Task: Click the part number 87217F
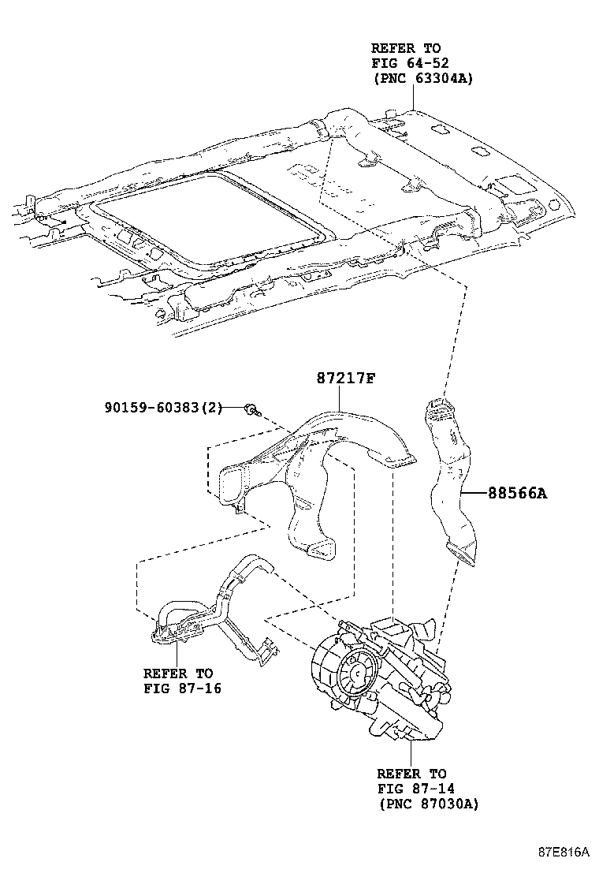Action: point(344,378)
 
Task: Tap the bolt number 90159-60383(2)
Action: point(163,407)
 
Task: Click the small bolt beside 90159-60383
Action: point(251,409)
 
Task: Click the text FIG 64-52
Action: point(406,63)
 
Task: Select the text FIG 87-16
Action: point(181,688)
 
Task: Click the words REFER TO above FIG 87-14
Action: point(411,774)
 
